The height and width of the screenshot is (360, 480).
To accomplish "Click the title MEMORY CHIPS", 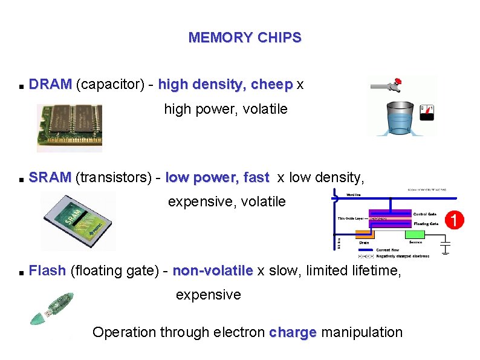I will coord(244,38).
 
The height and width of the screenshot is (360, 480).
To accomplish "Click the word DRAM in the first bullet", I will coord(50,84).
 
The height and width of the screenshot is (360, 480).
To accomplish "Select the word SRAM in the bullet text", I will coord(50,178).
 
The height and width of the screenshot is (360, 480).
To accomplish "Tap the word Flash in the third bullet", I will coord(47,270).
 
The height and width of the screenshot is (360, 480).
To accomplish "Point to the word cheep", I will coord(271,84).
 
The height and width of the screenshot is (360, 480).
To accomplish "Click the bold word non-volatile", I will coord(212,270).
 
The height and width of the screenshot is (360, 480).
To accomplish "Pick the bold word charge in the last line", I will coord(293,332).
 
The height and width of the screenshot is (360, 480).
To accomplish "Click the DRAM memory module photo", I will coord(69,127).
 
